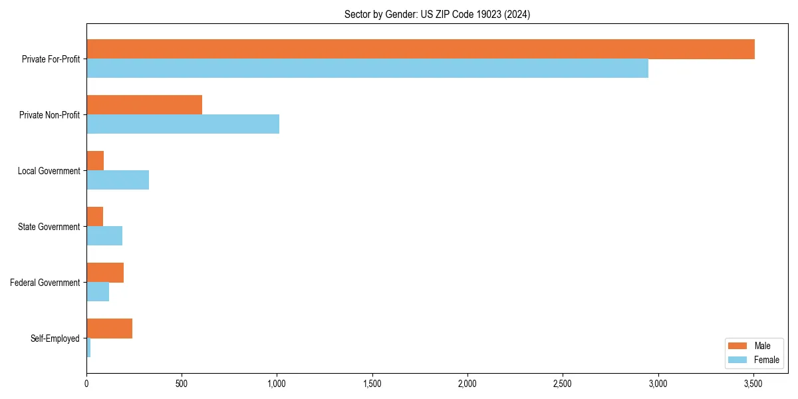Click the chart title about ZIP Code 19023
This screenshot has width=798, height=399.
tap(437, 14)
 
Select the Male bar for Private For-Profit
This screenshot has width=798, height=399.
tap(420, 49)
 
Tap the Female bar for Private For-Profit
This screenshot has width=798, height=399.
tap(367, 68)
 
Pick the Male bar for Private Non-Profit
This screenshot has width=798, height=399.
tap(144, 105)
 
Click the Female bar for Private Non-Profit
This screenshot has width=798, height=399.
tap(183, 124)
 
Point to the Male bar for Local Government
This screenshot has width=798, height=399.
tap(95, 161)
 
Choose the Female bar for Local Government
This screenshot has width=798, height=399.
tap(118, 180)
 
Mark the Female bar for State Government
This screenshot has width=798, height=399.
tap(104, 236)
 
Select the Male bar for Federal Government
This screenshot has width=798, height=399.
tap(105, 273)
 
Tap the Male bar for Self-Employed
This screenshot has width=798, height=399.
tap(109, 329)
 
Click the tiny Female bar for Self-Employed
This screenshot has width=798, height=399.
tap(88, 348)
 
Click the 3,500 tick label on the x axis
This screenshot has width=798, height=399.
tap(753, 384)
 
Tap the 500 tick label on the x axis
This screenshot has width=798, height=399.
tap(182, 384)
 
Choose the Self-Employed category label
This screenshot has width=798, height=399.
tap(55, 338)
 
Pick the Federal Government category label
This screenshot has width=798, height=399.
tap(45, 283)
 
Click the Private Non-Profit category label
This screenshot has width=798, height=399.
tap(49, 115)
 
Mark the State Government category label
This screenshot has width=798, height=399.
tap(49, 227)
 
